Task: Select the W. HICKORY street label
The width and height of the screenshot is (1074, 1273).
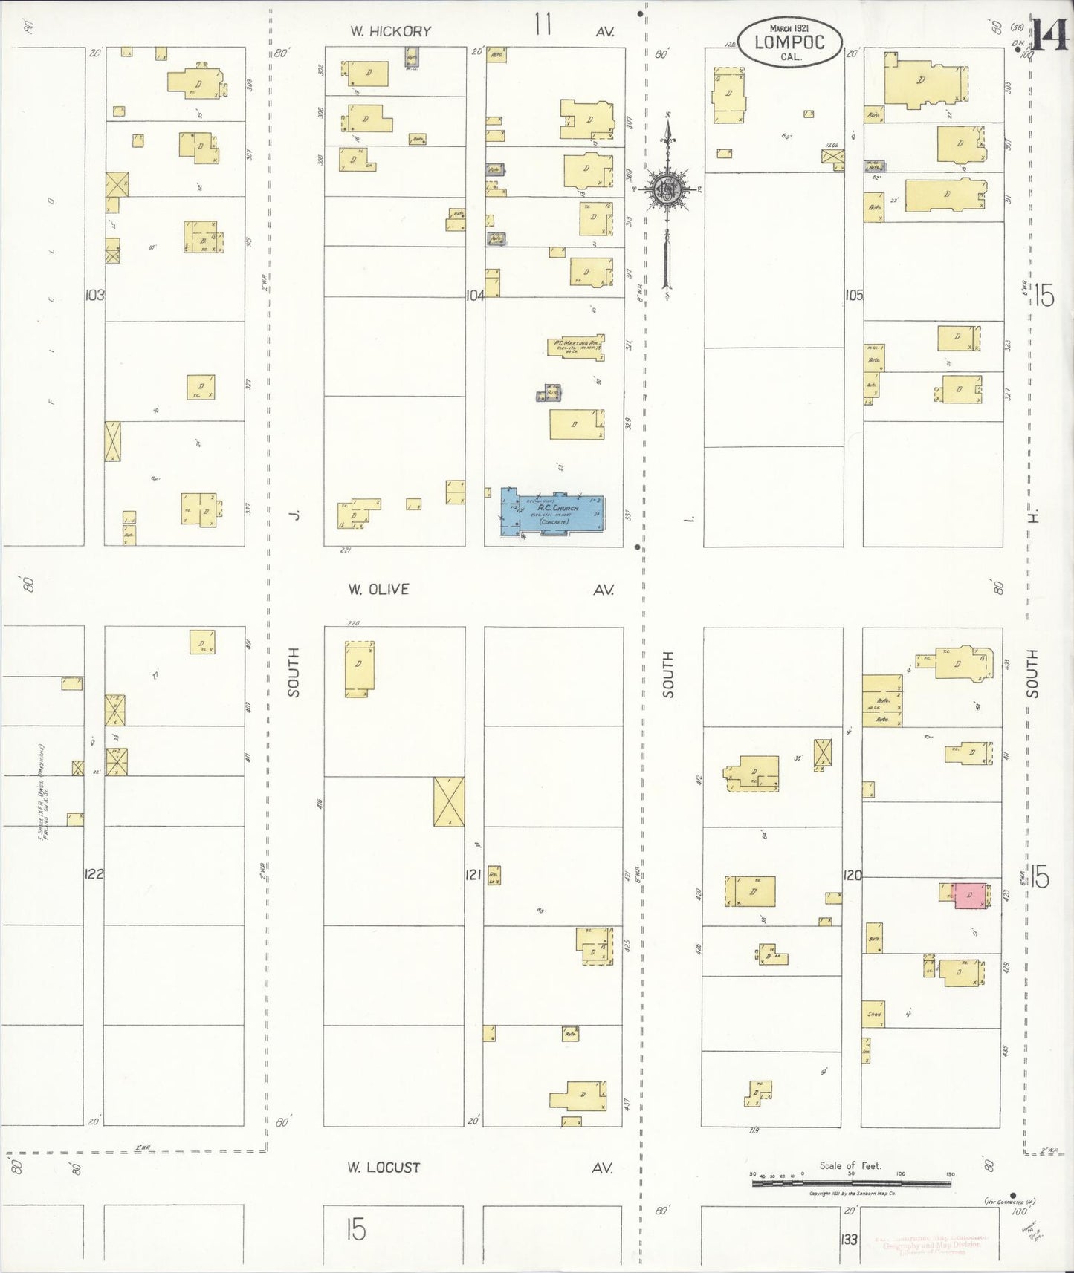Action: pyautogui.click(x=391, y=31)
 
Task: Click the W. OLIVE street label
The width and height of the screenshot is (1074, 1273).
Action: pyautogui.click(x=378, y=589)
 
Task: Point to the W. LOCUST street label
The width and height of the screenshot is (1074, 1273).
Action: pyautogui.click(x=384, y=1167)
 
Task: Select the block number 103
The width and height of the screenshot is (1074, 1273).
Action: pyautogui.click(x=94, y=295)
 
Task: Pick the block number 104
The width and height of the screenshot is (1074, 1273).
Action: pyautogui.click(x=475, y=295)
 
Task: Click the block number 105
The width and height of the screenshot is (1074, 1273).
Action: pyautogui.click(x=853, y=295)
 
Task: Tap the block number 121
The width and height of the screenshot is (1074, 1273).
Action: pyautogui.click(x=473, y=874)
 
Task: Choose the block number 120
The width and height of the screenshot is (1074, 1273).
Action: pyautogui.click(x=853, y=875)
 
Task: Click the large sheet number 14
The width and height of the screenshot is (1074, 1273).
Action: pyautogui.click(x=1049, y=35)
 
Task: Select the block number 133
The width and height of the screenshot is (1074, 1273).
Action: pyautogui.click(x=849, y=1239)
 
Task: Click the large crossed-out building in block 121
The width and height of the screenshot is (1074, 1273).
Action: pyautogui.click(x=449, y=801)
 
